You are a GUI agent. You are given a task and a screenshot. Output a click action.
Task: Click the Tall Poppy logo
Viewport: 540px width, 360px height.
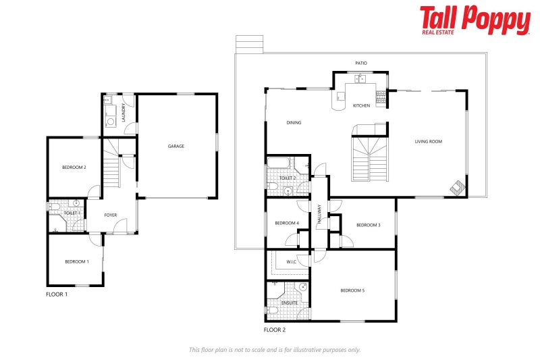[x=475, y=20]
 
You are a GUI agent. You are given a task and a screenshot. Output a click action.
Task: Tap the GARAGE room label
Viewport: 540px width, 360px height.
[x=176, y=146]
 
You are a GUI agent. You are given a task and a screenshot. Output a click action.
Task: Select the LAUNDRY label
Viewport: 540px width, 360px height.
[x=124, y=110]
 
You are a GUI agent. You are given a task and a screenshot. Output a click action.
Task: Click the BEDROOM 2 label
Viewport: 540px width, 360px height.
[x=74, y=168]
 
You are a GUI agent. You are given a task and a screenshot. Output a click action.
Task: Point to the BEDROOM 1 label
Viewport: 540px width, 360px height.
[x=76, y=261]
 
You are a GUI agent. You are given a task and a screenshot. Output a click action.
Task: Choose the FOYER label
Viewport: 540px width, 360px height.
[x=111, y=215]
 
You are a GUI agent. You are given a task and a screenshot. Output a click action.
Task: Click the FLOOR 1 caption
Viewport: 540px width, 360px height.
[x=57, y=294]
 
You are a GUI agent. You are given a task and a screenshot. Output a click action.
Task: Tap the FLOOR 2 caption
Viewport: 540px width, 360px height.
[x=275, y=330]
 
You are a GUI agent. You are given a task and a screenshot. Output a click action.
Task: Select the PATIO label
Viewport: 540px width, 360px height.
[x=361, y=63]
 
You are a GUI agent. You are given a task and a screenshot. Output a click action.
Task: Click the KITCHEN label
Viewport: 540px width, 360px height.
[x=362, y=105]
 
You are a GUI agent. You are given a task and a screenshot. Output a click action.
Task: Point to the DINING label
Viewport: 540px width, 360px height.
[x=294, y=123]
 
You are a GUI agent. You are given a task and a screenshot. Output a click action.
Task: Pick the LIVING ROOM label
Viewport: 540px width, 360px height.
[x=429, y=141]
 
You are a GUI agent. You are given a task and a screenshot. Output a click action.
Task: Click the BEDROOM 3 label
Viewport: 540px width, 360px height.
[x=369, y=225]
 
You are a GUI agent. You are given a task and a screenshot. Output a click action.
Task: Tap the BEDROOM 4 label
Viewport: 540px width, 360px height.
[x=287, y=223]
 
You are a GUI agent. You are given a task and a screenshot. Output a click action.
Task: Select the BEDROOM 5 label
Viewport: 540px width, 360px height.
[x=352, y=290]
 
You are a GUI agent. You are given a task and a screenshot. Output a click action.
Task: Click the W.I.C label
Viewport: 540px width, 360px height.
[x=292, y=262]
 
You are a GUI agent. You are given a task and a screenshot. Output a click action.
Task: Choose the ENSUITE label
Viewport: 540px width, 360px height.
[x=289, y=303]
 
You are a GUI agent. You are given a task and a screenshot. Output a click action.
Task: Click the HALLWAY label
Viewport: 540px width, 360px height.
[x=319, y=215]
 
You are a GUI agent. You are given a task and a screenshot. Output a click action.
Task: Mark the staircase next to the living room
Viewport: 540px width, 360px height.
[x=371, y=156]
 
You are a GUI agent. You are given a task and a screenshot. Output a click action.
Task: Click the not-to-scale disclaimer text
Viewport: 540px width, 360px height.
[x=275, y=349]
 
